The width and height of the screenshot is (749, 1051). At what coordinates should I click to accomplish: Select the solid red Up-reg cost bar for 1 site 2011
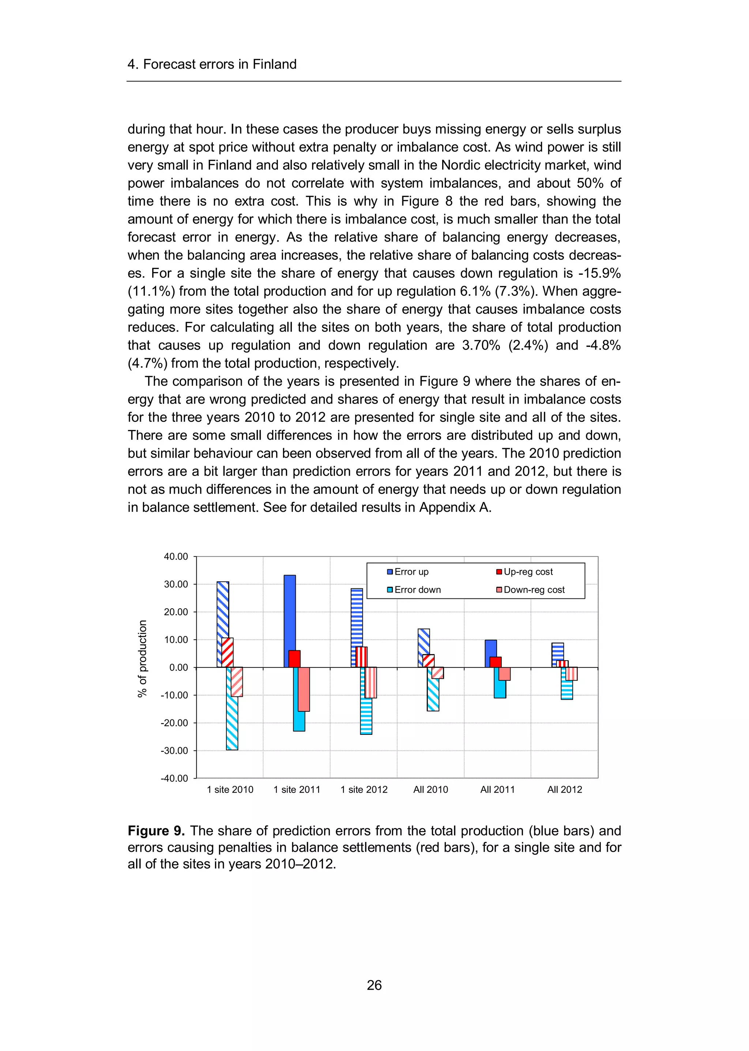(x=294, y=659)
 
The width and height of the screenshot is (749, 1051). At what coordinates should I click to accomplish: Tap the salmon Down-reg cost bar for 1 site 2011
(x=304, y=689)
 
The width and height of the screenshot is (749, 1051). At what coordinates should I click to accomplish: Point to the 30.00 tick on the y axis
(x=176, y=584)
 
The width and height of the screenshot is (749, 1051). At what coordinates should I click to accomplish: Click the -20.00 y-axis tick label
(x=175, y=723)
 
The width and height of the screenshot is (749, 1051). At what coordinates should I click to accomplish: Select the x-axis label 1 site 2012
(x=364, y=789)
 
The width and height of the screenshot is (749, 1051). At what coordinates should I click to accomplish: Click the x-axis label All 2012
(x=565, y=789)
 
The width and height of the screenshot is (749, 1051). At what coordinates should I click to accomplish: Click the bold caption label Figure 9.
(x=156, y=831)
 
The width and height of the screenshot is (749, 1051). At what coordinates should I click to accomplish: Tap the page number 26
(x=374, y=985)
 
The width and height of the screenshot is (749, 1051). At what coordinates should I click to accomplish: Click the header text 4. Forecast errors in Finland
(x=212, y=64)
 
